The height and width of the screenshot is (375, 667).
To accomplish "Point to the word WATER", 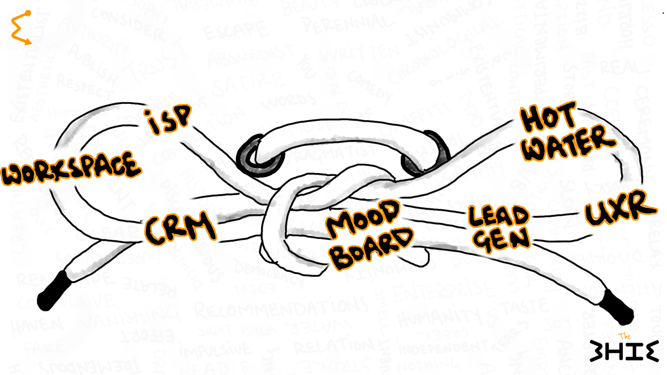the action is [x=568, y=143].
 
